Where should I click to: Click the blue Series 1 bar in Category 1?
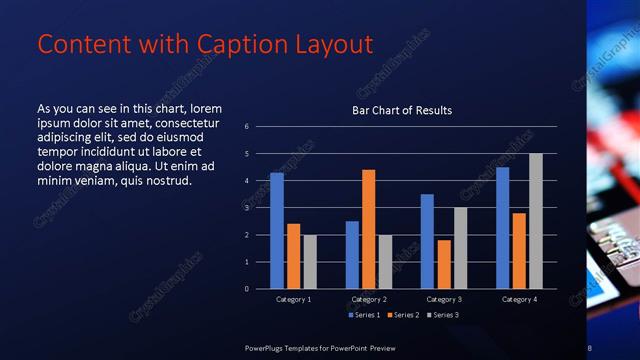[x=277, y=231]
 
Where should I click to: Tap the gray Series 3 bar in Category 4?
[x=536, y=221]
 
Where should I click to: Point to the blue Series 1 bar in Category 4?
[x=502, y=228]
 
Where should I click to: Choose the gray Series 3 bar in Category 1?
[x=310, y=262]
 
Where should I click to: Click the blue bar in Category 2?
[x=352, y=255]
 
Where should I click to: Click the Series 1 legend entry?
[x=364, y=315]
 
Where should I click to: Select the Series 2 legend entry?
[x=403, y=315]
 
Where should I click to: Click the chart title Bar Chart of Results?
[x=402, y=110]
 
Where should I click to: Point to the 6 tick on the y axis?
[x=247, y=127]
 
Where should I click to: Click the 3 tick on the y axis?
[x=247, y=208]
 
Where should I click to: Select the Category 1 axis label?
[x=294, y=299]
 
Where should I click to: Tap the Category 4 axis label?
[x=519, y=299]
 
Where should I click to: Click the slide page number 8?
[x=590, y=347]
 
